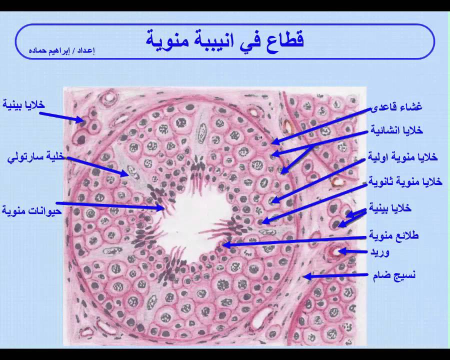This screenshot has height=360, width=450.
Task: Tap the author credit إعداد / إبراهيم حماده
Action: click(x=61, y=51)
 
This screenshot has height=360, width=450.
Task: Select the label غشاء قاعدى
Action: click(x=396, y=107)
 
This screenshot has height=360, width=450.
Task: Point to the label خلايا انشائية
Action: click(x=396, y=130)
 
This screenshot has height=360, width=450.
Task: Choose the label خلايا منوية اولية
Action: click(x=403, y=156)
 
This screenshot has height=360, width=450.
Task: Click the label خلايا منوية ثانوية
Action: click(x=405, y=181)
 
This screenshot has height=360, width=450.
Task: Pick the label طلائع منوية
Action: click(x=394, y=235)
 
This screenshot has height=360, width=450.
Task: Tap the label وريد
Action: click(x=379, y=252)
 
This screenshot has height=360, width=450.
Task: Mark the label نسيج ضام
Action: click(x=394, y=275)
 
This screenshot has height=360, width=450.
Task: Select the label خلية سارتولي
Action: click(x=36, y=157)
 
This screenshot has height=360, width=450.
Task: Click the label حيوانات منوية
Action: click(x=32, y=210)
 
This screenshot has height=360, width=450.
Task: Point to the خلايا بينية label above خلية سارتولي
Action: click(x=24, y=104)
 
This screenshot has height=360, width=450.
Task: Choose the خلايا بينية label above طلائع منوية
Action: click(x=390, y=207)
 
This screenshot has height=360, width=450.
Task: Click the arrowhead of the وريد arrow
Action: click(x=339, y=252)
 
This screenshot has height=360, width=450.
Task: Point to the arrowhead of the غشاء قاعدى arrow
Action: click(x=272, y=141)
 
